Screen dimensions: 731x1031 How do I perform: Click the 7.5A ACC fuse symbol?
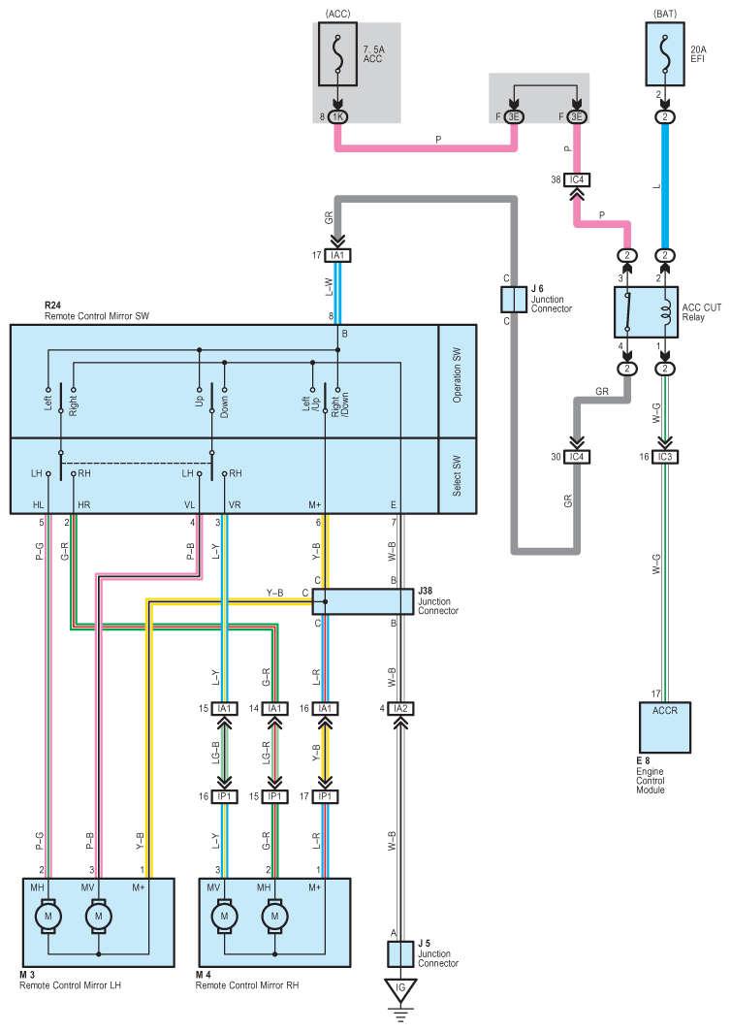pyautogui.click(x=338, y=54)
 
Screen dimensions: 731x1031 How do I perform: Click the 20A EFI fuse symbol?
pyautogui.click(x=665, y=54)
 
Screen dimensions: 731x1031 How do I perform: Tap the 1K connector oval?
pyautogui.click(x=338, y=117)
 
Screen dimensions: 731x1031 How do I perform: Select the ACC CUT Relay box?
pyautogui.click(x=647, y=312)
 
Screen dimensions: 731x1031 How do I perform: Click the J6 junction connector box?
pyautogui.click(x=514, y=299)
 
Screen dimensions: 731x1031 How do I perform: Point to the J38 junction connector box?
pyautogui.click(x=363, y=601)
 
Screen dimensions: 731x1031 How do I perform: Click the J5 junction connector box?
pyautogui.click(x=400, y=954)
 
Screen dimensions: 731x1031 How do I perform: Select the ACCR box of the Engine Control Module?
pyautogui.click(x=665, y=727)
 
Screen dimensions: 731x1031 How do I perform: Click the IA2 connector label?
pyautogui.click(x=400, y=709)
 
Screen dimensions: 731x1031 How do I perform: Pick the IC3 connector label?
pyautogui.click(x=665, y=457)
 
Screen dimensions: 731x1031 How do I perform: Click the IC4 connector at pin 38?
pyautogui.click(x=577, y=179)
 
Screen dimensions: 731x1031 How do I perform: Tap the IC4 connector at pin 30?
pyautogui.click(x=577, y=457)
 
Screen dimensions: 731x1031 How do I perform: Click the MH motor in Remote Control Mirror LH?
pyautogui.click(x=48, y=917)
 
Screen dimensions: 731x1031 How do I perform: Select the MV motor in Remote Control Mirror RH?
pyautogui.click(x=224, y=917)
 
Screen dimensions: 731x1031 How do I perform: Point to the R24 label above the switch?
pyautogui.click(x=52, y=306)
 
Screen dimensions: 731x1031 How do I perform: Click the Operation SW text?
pyautogui.click(x=458, y=374)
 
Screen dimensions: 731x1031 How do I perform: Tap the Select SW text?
pyautogui.click(x=458, y=475)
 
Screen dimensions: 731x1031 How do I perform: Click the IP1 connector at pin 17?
pyautogui.click(x=325, y=796)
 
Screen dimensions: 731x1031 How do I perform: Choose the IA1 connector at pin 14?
pyautogui.click(x=274, y=709)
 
